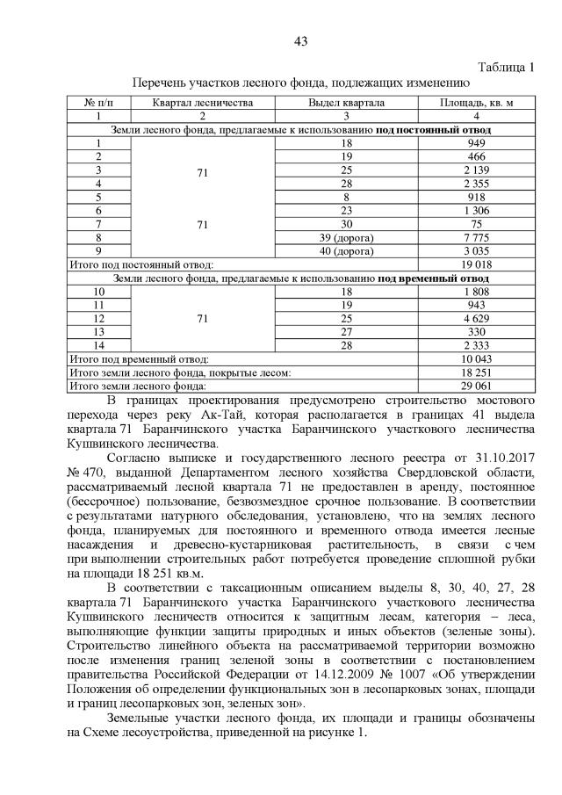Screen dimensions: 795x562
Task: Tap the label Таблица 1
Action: [x=506, y=68]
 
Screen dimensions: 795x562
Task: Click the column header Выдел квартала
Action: [x=346, y=103]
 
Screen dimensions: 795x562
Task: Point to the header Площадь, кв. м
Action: [x=477, y=103]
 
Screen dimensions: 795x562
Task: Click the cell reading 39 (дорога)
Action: [x=346, y=236]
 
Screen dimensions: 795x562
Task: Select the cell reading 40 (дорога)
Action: [x=346, y=249]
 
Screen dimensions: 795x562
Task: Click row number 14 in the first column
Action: [x=99, y=345]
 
